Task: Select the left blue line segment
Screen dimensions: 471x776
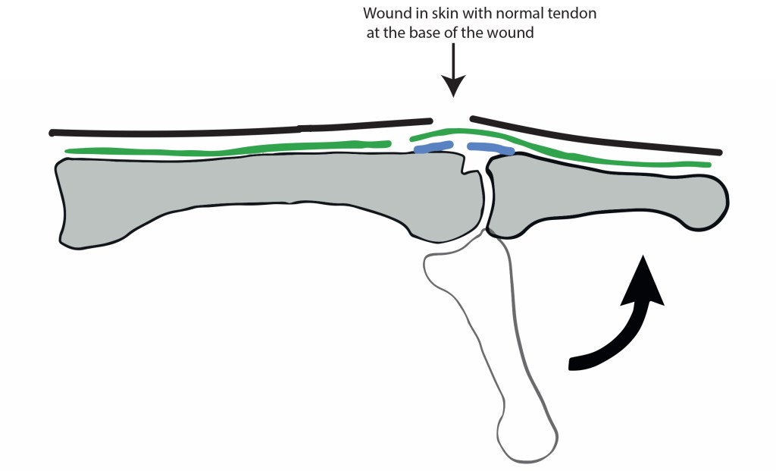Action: [x=434, y=148]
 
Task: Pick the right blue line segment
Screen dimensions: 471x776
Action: [x=490, y=149]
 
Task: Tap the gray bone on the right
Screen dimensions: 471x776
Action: [x=599, y=197]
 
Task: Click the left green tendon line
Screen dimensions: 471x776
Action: [x=227, y=149]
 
